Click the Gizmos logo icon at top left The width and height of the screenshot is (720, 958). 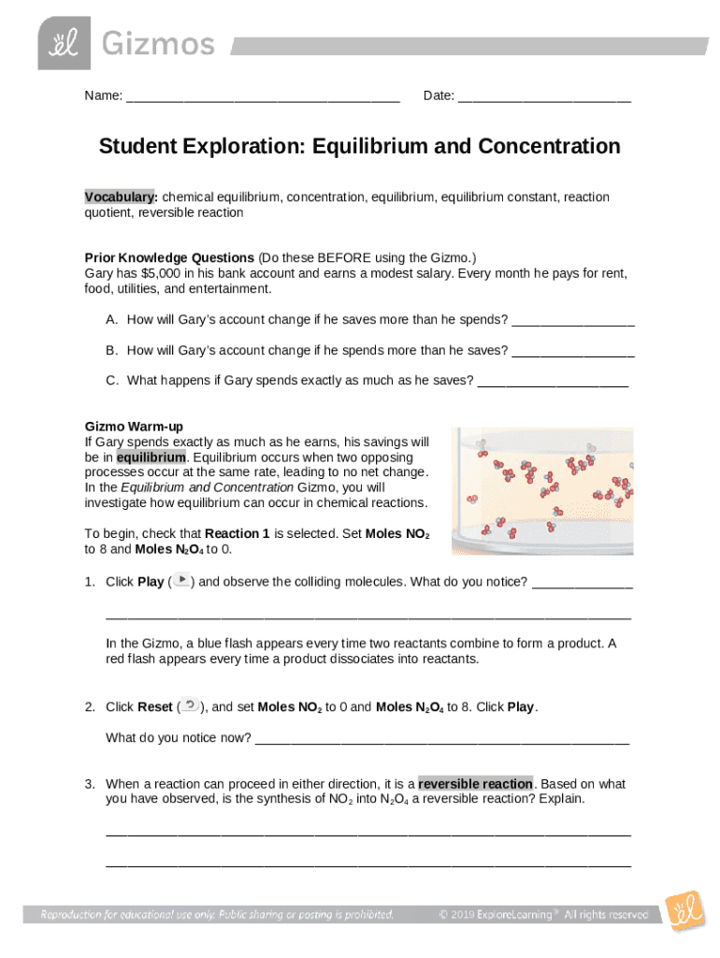(65, 43)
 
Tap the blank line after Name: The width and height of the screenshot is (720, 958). (263, 96)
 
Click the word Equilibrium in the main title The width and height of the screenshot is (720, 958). (370, 147)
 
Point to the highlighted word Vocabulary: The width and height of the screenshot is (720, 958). (121, 197)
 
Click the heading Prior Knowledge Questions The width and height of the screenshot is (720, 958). (169, 257)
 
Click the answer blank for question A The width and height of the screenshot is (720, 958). (573, 320)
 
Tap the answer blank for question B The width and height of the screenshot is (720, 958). (573, 351)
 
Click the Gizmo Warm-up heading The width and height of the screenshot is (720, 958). (134, 427)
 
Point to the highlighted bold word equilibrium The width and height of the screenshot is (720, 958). (151, 457)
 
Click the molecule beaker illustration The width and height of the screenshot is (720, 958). (541, 491)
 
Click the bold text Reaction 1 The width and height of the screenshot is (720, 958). (237, 534)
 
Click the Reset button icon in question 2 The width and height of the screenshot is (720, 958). (190, 706)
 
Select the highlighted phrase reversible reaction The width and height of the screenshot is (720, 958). (475, 784)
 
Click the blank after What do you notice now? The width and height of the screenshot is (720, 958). (441, 739)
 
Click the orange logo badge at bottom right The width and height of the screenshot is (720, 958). (684, 910)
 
